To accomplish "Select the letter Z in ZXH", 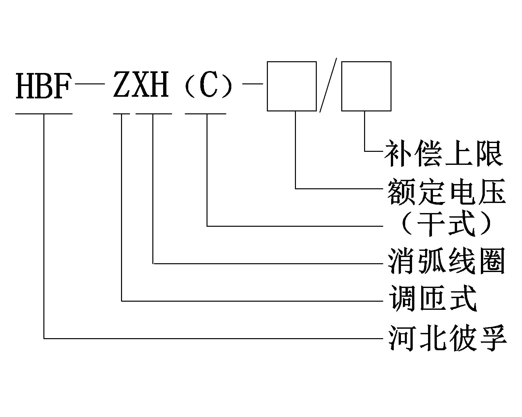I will tap(122, 85).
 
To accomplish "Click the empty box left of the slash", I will tap(292, 86).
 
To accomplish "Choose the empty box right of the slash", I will tap(366, 86).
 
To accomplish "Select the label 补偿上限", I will tap(444, 153).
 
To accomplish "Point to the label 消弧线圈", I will tap(446, 261).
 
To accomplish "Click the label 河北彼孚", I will tap(447, 337).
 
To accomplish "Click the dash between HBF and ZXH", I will tap(90, 84).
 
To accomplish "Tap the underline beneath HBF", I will tap(44, 114).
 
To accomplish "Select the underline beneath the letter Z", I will tap(121, 114).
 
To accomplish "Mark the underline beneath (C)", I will tap(206, 114).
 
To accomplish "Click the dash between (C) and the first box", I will tap(253, 84).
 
